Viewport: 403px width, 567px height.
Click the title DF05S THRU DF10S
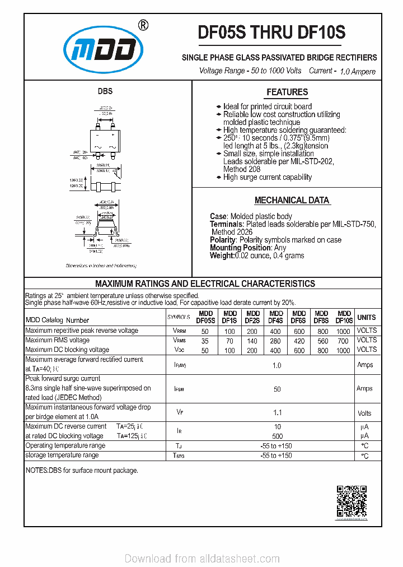point(271,34)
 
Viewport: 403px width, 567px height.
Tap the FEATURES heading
point(287,92)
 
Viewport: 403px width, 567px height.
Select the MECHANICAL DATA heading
point(292,200)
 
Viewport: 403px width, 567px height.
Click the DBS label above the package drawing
point(105,91)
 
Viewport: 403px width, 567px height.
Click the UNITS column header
point(367,317)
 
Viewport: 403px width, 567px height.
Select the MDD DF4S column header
point(276,317)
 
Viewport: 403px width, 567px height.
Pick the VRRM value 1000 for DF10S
point(344,331)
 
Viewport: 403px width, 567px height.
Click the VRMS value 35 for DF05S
point(205,341)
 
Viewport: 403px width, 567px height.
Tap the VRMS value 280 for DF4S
point(276,341)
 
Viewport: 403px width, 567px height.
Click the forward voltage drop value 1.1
point(277,412)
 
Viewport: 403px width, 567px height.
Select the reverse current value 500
point(277,436)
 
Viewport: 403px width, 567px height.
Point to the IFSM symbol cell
point(179,388)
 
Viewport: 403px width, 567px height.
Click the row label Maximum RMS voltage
point(57,340)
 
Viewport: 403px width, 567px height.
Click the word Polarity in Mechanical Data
point(222,240)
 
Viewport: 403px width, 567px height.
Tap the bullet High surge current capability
point(267,177)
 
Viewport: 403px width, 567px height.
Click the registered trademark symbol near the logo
point(143,25)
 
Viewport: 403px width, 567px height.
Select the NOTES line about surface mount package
point(82,471)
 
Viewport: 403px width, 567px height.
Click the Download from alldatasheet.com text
point(201,559)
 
